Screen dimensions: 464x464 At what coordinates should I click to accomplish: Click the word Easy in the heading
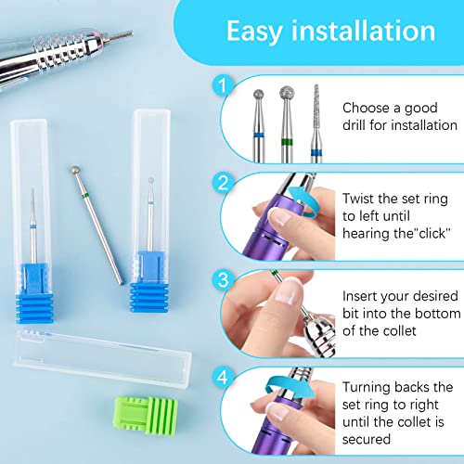[257, 31]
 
